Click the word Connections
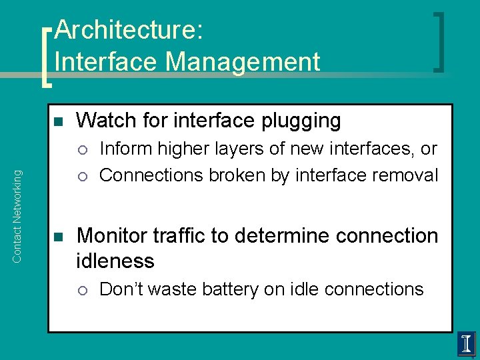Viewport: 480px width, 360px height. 151,175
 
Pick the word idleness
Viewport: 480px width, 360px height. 115,261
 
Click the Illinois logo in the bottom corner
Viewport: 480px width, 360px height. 466,345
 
